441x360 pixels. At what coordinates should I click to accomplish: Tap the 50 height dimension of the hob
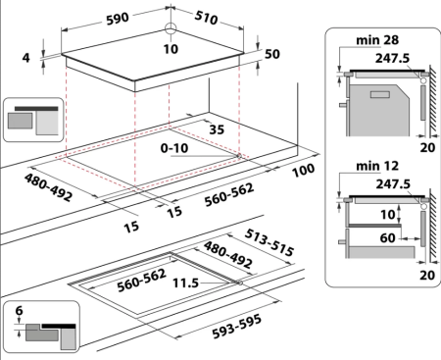273,53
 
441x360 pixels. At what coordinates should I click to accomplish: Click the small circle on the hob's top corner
172,29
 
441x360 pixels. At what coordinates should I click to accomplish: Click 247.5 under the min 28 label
384,58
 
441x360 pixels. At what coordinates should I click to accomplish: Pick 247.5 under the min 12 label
384,181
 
